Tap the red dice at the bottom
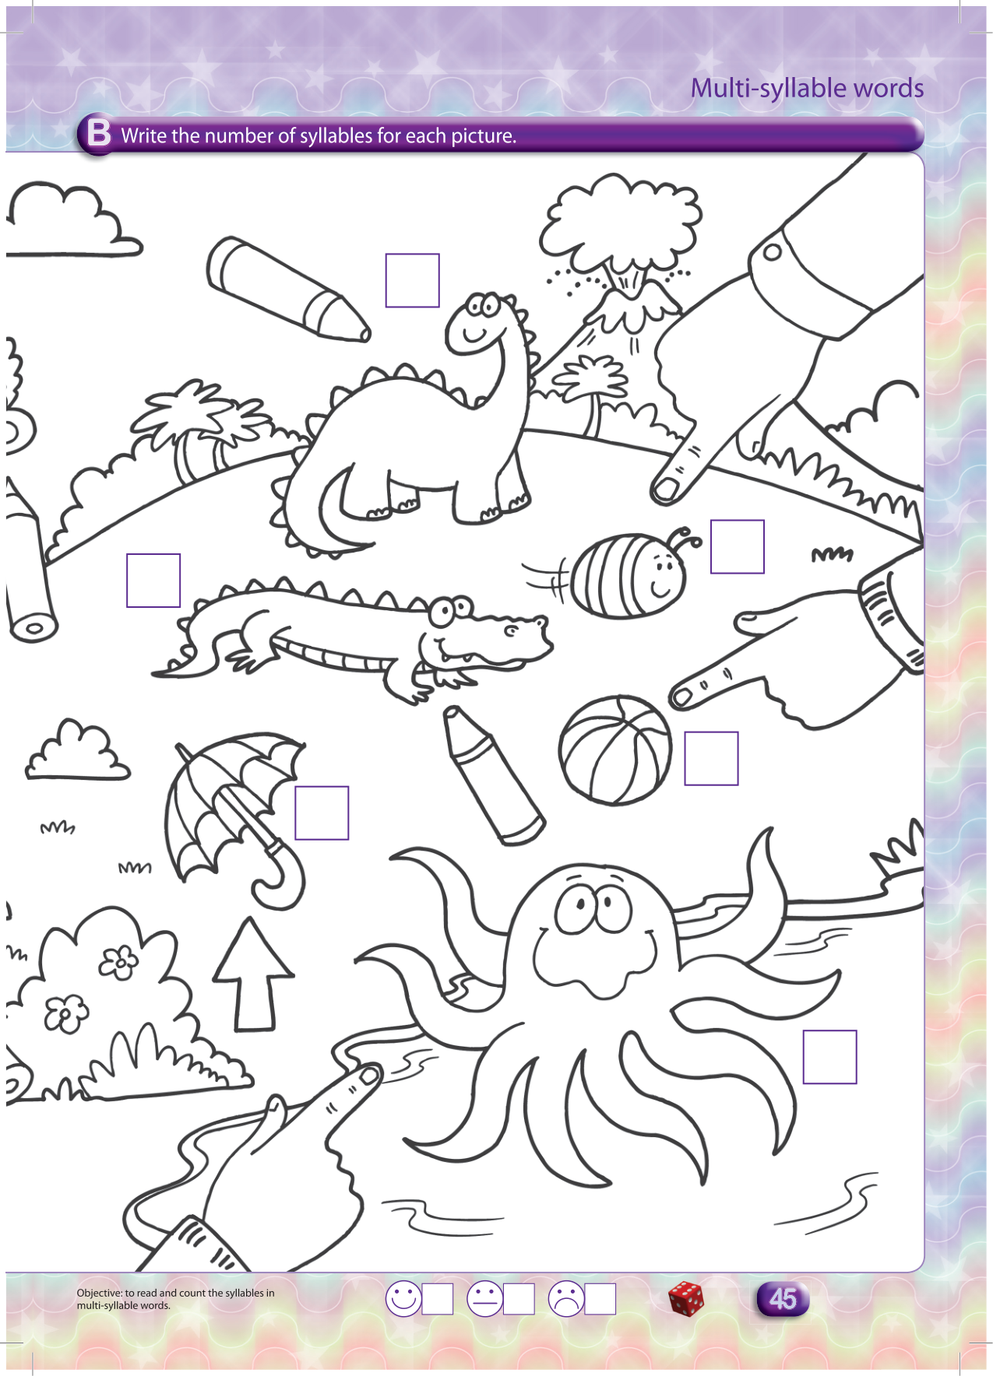tap(686, 1299)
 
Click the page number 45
tap(783, 1299)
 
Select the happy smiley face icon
tap(403, 1299)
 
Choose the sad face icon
tap(566, 1299)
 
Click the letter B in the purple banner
tap(99, 133)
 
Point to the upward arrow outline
tap(254, 974)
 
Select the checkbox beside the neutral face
tap(519, 1299)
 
